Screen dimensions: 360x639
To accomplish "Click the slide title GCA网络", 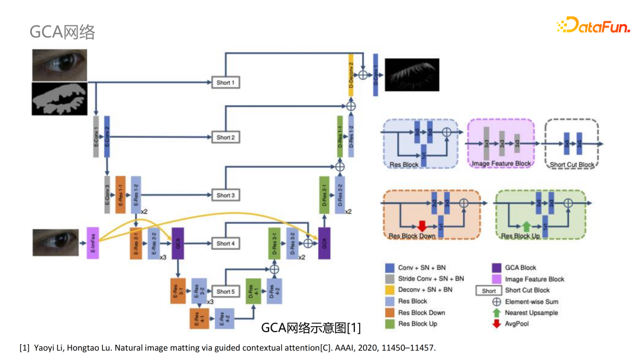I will coord(62,32).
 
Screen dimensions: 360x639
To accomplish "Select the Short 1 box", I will coord(225,82).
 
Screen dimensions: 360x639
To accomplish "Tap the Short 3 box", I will coord(225,195).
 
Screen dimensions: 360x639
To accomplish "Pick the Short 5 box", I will coord(225,291).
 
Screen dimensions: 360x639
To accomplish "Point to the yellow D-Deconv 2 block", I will coord(351,75).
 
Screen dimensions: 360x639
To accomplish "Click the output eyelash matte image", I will coord(412,73).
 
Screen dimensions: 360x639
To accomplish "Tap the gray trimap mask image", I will coord(59,99).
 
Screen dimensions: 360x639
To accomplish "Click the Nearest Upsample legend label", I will coord(531,313).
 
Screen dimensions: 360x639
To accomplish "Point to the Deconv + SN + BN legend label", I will coord(425,290).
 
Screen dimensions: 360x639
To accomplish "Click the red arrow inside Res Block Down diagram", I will coord(422,226).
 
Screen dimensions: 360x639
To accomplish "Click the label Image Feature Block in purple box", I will coord(501,163).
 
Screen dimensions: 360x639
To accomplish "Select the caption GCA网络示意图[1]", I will coord(311,328).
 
